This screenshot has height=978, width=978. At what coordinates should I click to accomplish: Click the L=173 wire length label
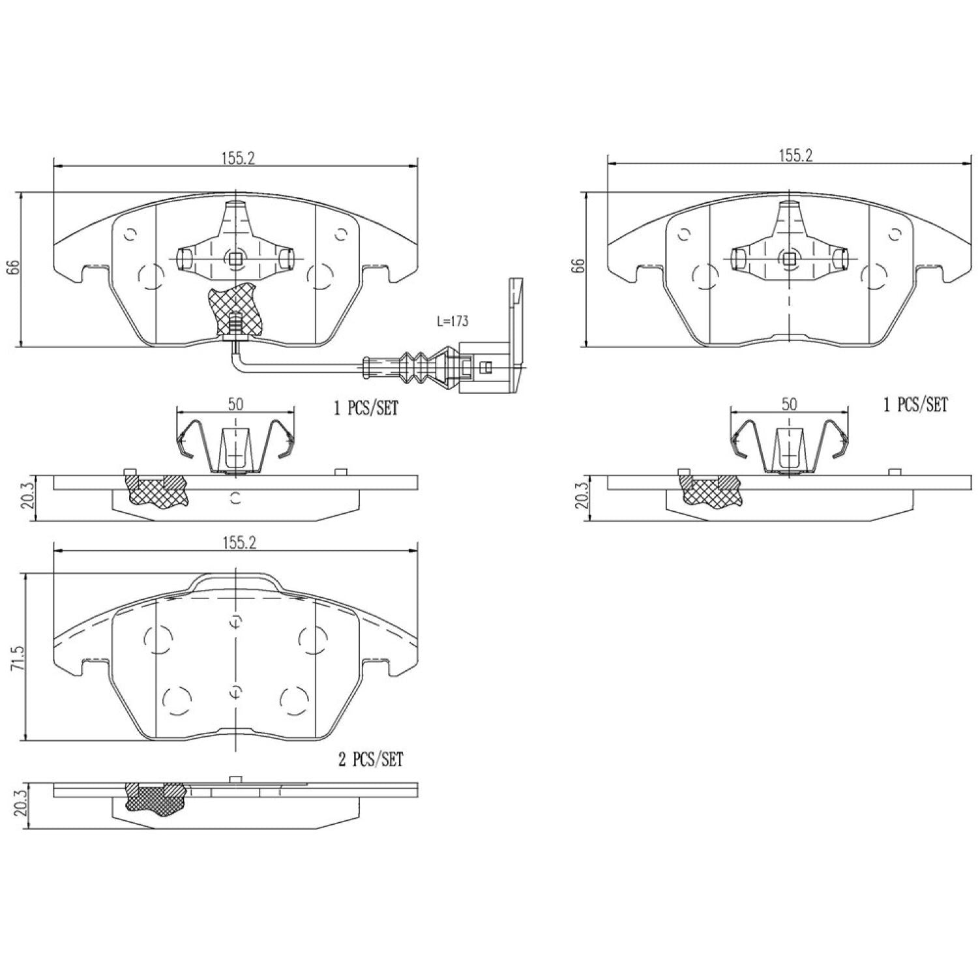point(451,321)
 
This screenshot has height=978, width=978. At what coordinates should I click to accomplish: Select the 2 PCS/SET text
point(371,760)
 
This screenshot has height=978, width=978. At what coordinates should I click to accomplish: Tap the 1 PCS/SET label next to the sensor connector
point(366,409)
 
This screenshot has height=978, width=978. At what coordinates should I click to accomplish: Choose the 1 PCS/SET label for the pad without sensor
point(915,405)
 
